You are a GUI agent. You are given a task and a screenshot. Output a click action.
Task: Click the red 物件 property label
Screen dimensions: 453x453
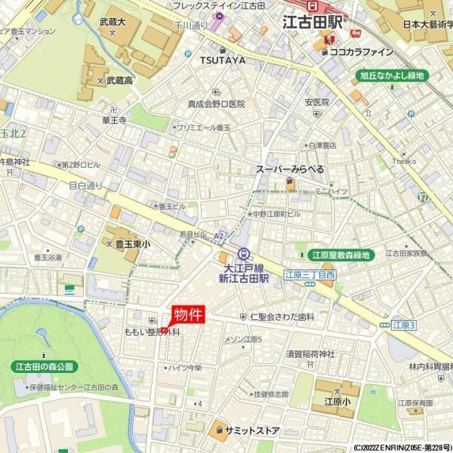point(188,314)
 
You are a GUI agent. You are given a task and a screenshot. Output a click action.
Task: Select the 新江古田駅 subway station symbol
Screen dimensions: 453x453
point(243,254)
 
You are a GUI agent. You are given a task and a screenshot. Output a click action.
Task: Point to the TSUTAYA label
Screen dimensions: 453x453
point(222,60)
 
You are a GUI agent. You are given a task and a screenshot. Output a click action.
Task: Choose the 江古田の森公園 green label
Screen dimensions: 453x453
point(45,367)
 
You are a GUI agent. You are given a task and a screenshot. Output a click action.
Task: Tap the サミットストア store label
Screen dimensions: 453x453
point(251,431)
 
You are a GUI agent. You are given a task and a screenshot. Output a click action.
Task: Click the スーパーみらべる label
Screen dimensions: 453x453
point(290,169)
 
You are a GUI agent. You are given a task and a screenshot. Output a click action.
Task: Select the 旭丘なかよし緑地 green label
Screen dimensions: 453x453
point(392,75)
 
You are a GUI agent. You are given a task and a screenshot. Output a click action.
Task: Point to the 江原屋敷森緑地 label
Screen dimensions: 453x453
point(343,255)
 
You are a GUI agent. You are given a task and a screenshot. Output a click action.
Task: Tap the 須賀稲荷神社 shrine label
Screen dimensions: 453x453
point(310,354)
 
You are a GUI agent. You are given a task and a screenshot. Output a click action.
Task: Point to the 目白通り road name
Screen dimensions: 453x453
point(85,185)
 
